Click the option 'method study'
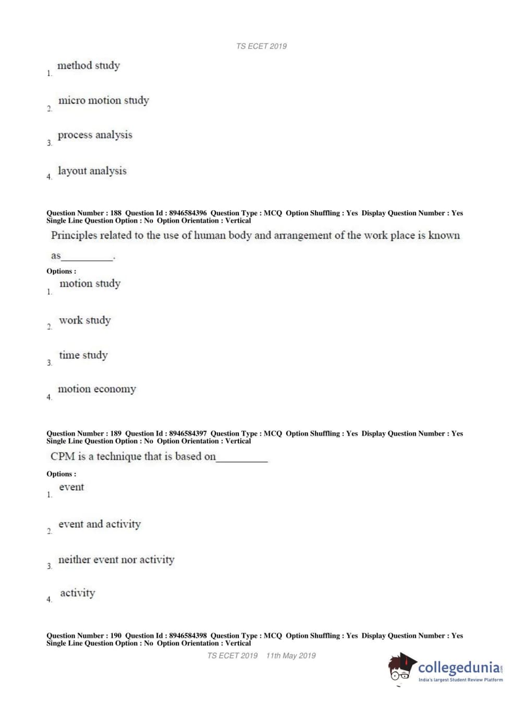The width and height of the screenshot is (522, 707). (88, 66)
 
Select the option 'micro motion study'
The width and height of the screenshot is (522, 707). (103, 100)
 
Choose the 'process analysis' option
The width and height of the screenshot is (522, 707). (95, 135)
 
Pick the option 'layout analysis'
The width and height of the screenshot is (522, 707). (92, 171)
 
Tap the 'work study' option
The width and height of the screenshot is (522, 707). (84, 320)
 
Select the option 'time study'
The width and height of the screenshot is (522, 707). (83, 355)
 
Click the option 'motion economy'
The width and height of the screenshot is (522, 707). (96, 389)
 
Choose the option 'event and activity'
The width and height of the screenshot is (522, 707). (99, 524)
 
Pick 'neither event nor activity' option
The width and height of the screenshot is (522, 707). (116, 559)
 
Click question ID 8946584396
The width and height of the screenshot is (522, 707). (188, 213)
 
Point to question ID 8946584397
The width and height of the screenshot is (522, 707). (188, 433)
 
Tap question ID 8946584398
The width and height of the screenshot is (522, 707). (188, 636)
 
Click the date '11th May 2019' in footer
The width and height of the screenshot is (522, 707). (290, 655)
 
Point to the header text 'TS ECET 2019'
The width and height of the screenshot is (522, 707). (261, 46)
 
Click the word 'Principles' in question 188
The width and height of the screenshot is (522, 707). (74, 235)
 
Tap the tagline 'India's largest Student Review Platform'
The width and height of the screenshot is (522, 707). (460, 680)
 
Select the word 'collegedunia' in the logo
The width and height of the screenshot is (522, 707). (459, 667)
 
